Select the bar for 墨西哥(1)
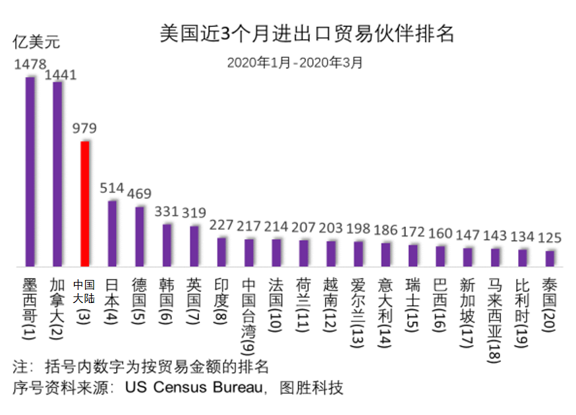30,171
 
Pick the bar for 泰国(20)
550,258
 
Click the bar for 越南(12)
331,253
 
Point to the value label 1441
61,74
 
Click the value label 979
84,128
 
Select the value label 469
139,194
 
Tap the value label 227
221,225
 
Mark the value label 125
550,237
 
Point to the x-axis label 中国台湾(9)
249,314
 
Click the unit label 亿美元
37,43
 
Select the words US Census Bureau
208,387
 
